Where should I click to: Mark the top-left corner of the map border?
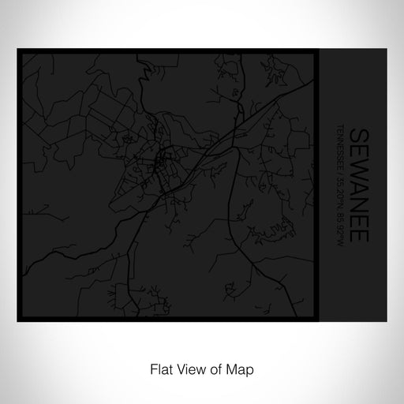(x=18, y=50)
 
